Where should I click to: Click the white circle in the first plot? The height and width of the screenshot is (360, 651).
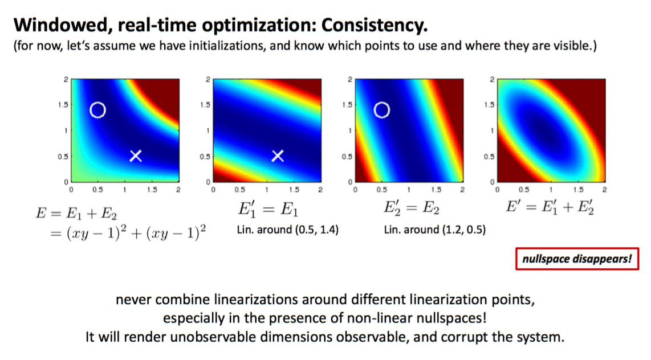click(x=97, y=110)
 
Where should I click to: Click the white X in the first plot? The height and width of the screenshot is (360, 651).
click(x=135, y=156)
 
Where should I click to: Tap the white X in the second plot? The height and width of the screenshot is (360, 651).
click(x=278, y=156)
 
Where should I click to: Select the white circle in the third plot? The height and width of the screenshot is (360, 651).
click(x=382, y=110)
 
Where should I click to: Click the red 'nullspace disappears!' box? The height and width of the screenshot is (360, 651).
click(x=577, y=259)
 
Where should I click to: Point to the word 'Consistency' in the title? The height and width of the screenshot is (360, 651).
click(x=375, y=26)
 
